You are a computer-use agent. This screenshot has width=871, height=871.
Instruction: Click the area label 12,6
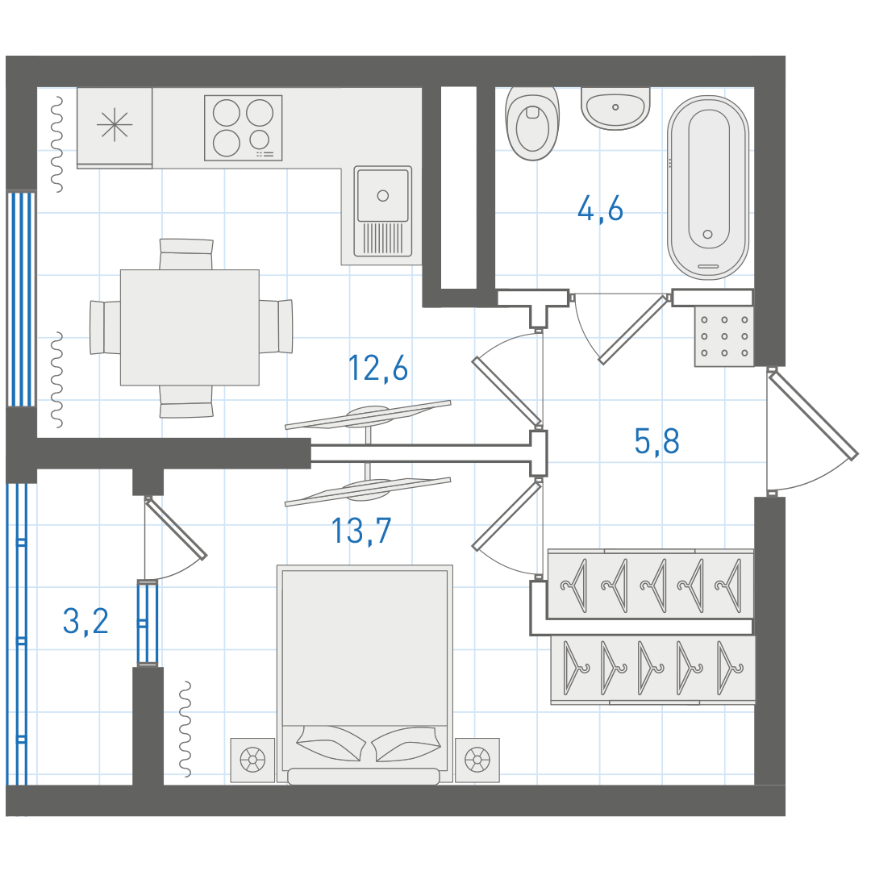click(x=377, y=369)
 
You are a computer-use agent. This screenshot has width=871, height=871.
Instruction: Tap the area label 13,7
click(x=361, y=531)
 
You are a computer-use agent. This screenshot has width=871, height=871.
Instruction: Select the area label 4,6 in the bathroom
click(x=600, y=210)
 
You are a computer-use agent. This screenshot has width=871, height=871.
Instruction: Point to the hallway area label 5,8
click(x=656, y=442)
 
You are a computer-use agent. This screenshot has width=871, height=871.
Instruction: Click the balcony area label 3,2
click(x=85, y=621)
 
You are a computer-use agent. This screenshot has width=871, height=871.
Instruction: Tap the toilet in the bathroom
click(x=532, y=123)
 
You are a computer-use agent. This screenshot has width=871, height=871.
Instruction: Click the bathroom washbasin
click(x=615, y=108)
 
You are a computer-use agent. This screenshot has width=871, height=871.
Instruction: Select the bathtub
click(x=708, y=187)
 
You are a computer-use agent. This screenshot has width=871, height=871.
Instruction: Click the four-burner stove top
click(x=244, y=127)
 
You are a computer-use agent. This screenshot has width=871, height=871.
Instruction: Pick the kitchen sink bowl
click(x=383, y=195)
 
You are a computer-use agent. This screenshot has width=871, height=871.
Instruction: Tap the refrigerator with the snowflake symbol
click(x=115, y=127)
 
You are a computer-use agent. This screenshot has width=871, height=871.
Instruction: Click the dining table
click(x=190, y=327)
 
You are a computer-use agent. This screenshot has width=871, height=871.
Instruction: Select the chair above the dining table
click(x=186, y=254)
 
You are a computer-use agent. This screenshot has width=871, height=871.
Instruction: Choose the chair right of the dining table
click(x=276, y=327)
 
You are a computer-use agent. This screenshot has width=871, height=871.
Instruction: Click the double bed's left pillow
click(x=331, y=744)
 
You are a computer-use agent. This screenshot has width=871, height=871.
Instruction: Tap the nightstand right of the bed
click(x=477, y=760)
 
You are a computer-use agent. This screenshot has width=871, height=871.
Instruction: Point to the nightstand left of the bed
click(x=252, y=760)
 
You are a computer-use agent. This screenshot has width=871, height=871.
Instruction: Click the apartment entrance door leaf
click(x=813, y=416)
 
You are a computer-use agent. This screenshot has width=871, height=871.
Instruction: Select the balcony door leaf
click(x=176, y=527)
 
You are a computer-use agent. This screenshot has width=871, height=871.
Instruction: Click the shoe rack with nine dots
click(x=724, y=335)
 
